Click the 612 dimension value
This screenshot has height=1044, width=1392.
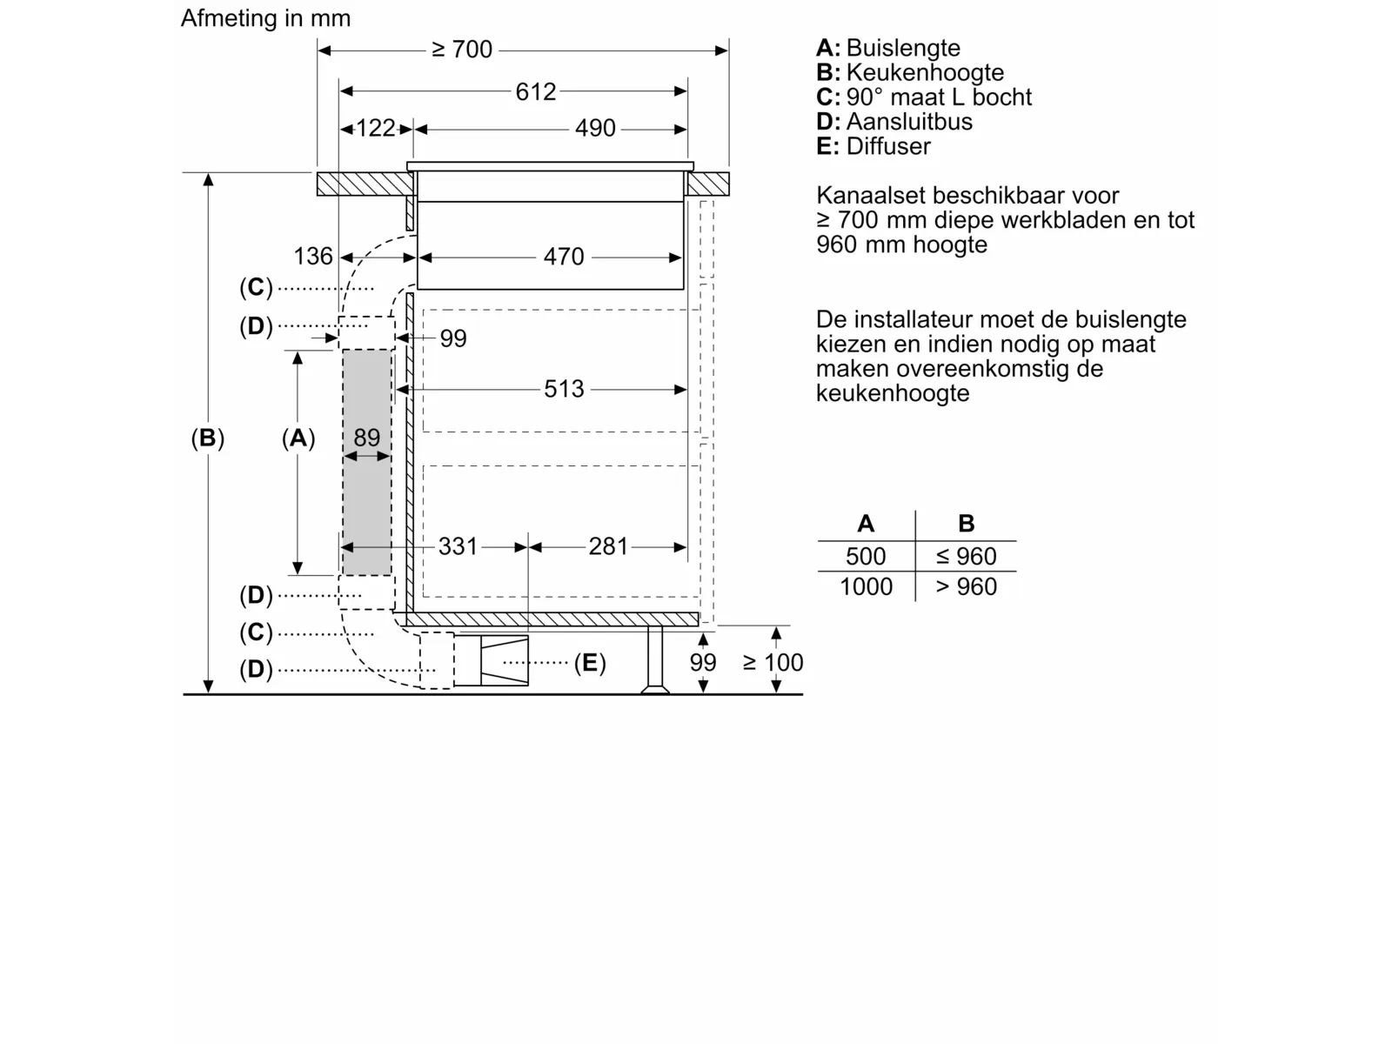535,91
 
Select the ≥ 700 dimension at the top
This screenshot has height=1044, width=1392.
462,50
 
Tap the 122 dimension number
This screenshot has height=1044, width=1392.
376,129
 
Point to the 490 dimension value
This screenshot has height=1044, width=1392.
595,129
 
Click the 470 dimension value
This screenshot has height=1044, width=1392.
564,257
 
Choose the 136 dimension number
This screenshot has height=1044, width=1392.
313,256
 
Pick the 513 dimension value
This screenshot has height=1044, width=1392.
564,389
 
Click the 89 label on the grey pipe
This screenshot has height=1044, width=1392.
367,438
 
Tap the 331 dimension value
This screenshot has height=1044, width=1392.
458,546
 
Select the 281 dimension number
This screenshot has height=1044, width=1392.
608,546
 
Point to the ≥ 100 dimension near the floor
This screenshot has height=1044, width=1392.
773,663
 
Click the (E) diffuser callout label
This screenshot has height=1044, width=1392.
590,663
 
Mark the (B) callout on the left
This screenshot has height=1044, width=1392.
208,438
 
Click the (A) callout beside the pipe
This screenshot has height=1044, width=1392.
298,438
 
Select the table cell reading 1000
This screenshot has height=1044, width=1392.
866,587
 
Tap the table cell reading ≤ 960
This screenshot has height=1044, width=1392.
966,557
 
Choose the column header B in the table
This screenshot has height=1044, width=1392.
966,524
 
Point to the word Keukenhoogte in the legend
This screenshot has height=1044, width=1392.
925,73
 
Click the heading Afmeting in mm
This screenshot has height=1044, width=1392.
265,18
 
